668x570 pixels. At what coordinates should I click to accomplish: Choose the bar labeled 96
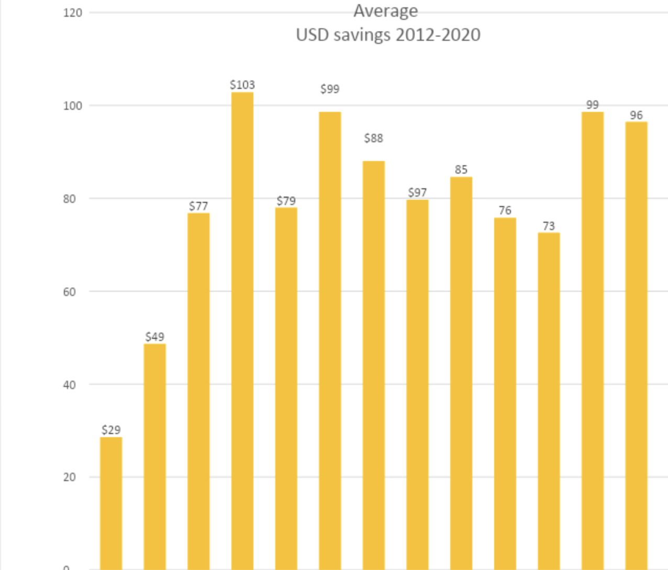click(x=636, y=345)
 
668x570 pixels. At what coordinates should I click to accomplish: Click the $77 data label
click(x=198, y=206)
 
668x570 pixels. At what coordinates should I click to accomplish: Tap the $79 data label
click(x=286, y=201)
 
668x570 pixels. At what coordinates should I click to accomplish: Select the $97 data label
click(x=417, y=192)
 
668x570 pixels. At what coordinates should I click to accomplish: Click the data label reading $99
click(x=330, y=89)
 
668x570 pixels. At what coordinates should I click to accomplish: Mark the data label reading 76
click(x=505, y=210)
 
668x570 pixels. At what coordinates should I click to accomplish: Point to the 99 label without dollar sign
click(x=592, y=105)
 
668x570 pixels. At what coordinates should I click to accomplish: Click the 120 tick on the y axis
click(x=73, y=13)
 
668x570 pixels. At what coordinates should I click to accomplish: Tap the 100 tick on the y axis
click(x=73, y=106)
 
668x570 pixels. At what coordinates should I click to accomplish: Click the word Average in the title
click(x=386, y=10)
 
